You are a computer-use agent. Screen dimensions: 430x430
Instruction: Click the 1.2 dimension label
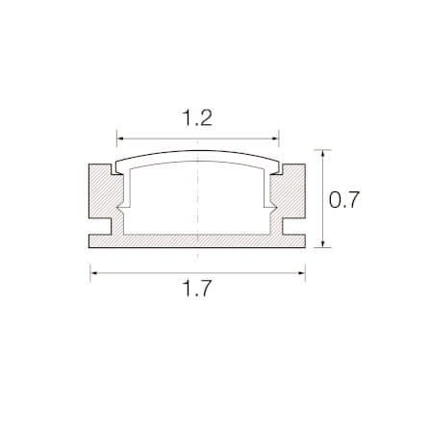[197, 118]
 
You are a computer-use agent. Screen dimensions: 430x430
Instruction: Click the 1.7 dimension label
[197, 289]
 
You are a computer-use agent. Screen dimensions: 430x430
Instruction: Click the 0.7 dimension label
[344, 200]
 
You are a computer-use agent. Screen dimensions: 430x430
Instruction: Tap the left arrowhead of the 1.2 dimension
[120, 139]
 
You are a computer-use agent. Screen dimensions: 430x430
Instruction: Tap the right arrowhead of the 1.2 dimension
[275, 139]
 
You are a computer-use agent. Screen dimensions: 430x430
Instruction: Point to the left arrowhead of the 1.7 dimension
[94, 273]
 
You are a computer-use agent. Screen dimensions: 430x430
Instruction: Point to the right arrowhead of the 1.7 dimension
[301, 273]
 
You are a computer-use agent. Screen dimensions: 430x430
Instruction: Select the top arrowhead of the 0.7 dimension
[323, 154]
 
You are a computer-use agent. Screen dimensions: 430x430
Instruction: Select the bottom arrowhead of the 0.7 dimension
[323, 244]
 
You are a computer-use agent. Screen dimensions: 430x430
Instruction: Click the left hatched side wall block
[102, 191]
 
